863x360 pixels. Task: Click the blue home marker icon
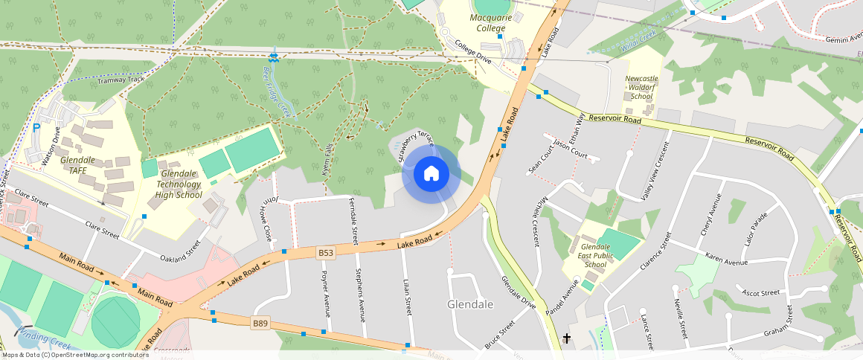pos(431,174)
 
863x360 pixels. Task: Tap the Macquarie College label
pos(490,22)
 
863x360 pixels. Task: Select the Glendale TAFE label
pos(77,165)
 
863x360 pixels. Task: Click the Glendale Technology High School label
pos(179,184)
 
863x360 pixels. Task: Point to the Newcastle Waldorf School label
pos(641,87)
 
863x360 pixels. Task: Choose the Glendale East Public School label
pos(595,255)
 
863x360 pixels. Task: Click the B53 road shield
pos(326,253)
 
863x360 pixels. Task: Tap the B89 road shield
pos(260,323)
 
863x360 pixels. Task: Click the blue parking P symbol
pos(36,128)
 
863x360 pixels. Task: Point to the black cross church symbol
pos(567,339)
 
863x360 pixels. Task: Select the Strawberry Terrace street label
pos(415,146)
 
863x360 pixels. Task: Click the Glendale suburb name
pos(470,305)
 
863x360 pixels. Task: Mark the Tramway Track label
pos(121,80)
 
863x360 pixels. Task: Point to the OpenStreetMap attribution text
pos(75,355)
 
